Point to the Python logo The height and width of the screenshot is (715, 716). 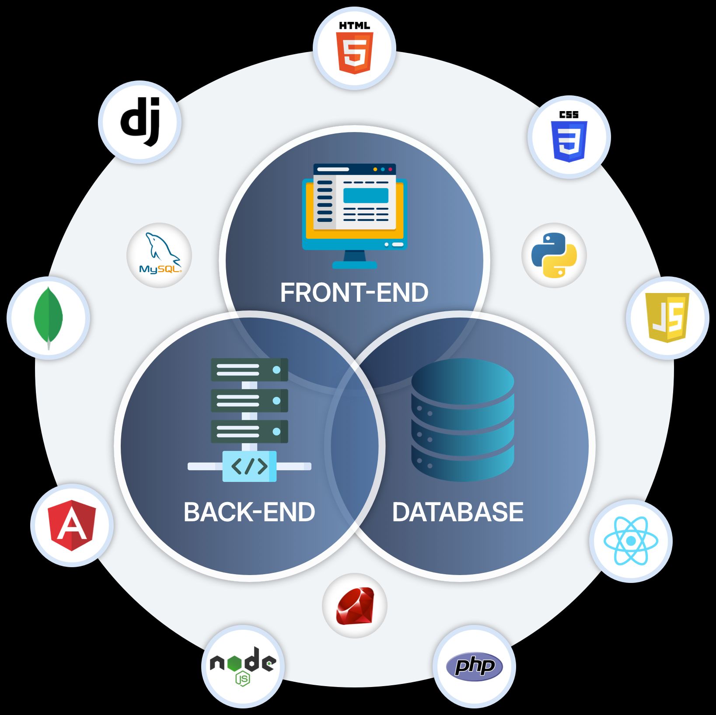(554, 255)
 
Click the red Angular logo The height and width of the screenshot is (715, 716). (73, 525)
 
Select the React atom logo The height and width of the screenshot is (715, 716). (630, 541)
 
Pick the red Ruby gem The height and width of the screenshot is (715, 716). (355, 606)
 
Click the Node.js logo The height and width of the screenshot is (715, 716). (243, 665)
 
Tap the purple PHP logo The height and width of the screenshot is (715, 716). (474, 666)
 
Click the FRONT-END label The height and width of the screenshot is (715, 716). (354, 293)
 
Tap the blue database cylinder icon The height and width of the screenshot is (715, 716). (462, 420)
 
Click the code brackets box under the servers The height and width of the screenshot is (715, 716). (249, 466)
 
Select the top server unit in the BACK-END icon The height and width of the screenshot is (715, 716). (249, 370)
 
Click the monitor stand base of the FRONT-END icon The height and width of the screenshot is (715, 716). (354, 265)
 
